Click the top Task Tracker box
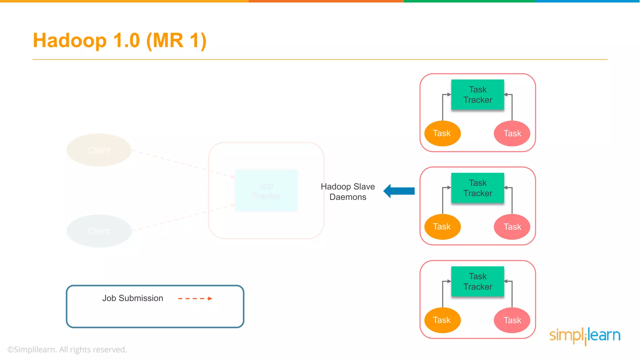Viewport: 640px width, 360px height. pos(477,95)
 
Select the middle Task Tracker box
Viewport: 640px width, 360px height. pos(477,188)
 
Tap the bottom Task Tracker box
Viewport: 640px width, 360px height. pos(477,282)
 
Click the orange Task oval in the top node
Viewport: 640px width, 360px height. pos(442,133)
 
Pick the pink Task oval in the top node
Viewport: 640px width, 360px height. pos(512,133)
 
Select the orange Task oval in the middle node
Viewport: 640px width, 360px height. pos(442,227)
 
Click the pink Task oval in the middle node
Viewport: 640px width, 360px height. pos(512,227)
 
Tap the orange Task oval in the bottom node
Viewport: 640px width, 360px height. pos(442,320)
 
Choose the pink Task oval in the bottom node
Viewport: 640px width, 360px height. pos(512,320)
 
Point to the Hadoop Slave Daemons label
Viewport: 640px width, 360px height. pos(348,192)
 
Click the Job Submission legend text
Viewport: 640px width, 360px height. pos(132,298)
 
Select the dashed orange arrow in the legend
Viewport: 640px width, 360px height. pos(195,298)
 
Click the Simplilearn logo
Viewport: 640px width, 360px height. pos(585,336)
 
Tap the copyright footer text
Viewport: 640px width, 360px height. pos(67,349)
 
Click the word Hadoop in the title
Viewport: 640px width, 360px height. pos(70,41)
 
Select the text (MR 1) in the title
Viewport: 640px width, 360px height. pos(176,41)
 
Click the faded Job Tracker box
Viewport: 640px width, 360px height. pos(266,191)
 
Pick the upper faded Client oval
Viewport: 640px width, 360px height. pos(99,150)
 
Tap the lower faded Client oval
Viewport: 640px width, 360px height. pos(99,231)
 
